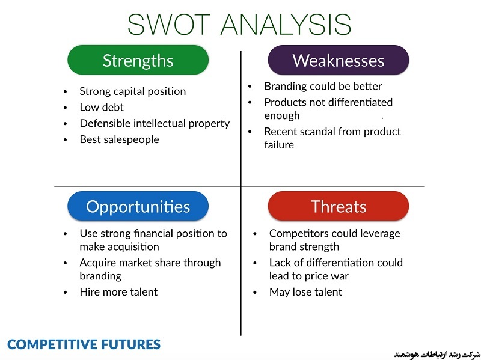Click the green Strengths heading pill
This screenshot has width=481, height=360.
(138, 59)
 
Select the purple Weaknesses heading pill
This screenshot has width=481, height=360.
(339, 59)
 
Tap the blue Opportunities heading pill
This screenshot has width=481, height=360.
(138, 206)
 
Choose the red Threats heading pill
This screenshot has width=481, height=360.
(339, 206)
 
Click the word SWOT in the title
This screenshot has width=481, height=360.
(169, 25)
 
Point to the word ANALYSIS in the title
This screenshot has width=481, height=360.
(286, 25)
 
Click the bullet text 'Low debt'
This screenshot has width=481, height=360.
(102, 108)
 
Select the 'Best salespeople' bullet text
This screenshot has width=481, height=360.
(119, 139)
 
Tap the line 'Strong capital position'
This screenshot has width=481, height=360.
(132, 91)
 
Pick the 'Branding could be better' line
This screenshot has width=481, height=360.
(323, 86)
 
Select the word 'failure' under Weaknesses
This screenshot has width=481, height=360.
(279, 145)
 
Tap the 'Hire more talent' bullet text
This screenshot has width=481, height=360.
(118, 292)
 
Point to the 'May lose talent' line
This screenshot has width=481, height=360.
(305, 292)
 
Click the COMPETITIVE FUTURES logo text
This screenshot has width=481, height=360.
(84, 344)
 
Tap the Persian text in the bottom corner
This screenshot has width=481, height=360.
(437, 355)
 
